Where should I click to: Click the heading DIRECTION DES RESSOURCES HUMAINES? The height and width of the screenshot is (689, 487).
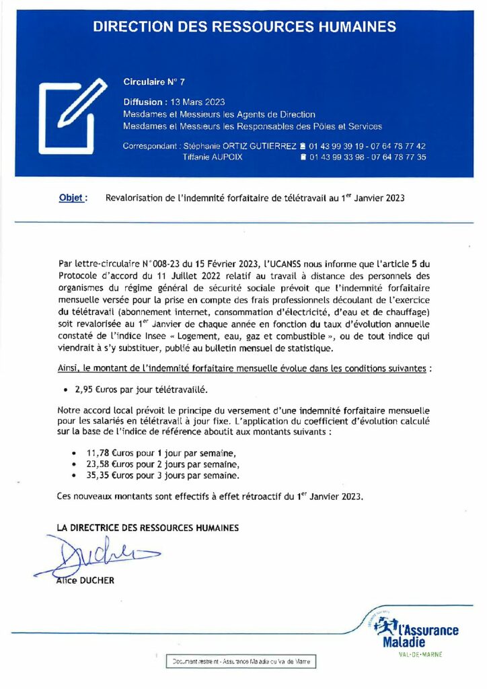[243, 27]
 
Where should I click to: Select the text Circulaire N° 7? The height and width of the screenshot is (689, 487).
[154, 81]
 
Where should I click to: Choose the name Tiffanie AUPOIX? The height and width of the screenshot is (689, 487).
[213, 157]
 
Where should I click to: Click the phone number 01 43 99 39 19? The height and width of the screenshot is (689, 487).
[340, 146]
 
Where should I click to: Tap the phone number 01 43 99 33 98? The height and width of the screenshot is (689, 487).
[340, 157]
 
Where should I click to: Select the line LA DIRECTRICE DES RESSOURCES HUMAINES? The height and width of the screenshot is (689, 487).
[148, 528]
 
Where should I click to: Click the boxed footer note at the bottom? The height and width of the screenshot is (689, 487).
[241, 662]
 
